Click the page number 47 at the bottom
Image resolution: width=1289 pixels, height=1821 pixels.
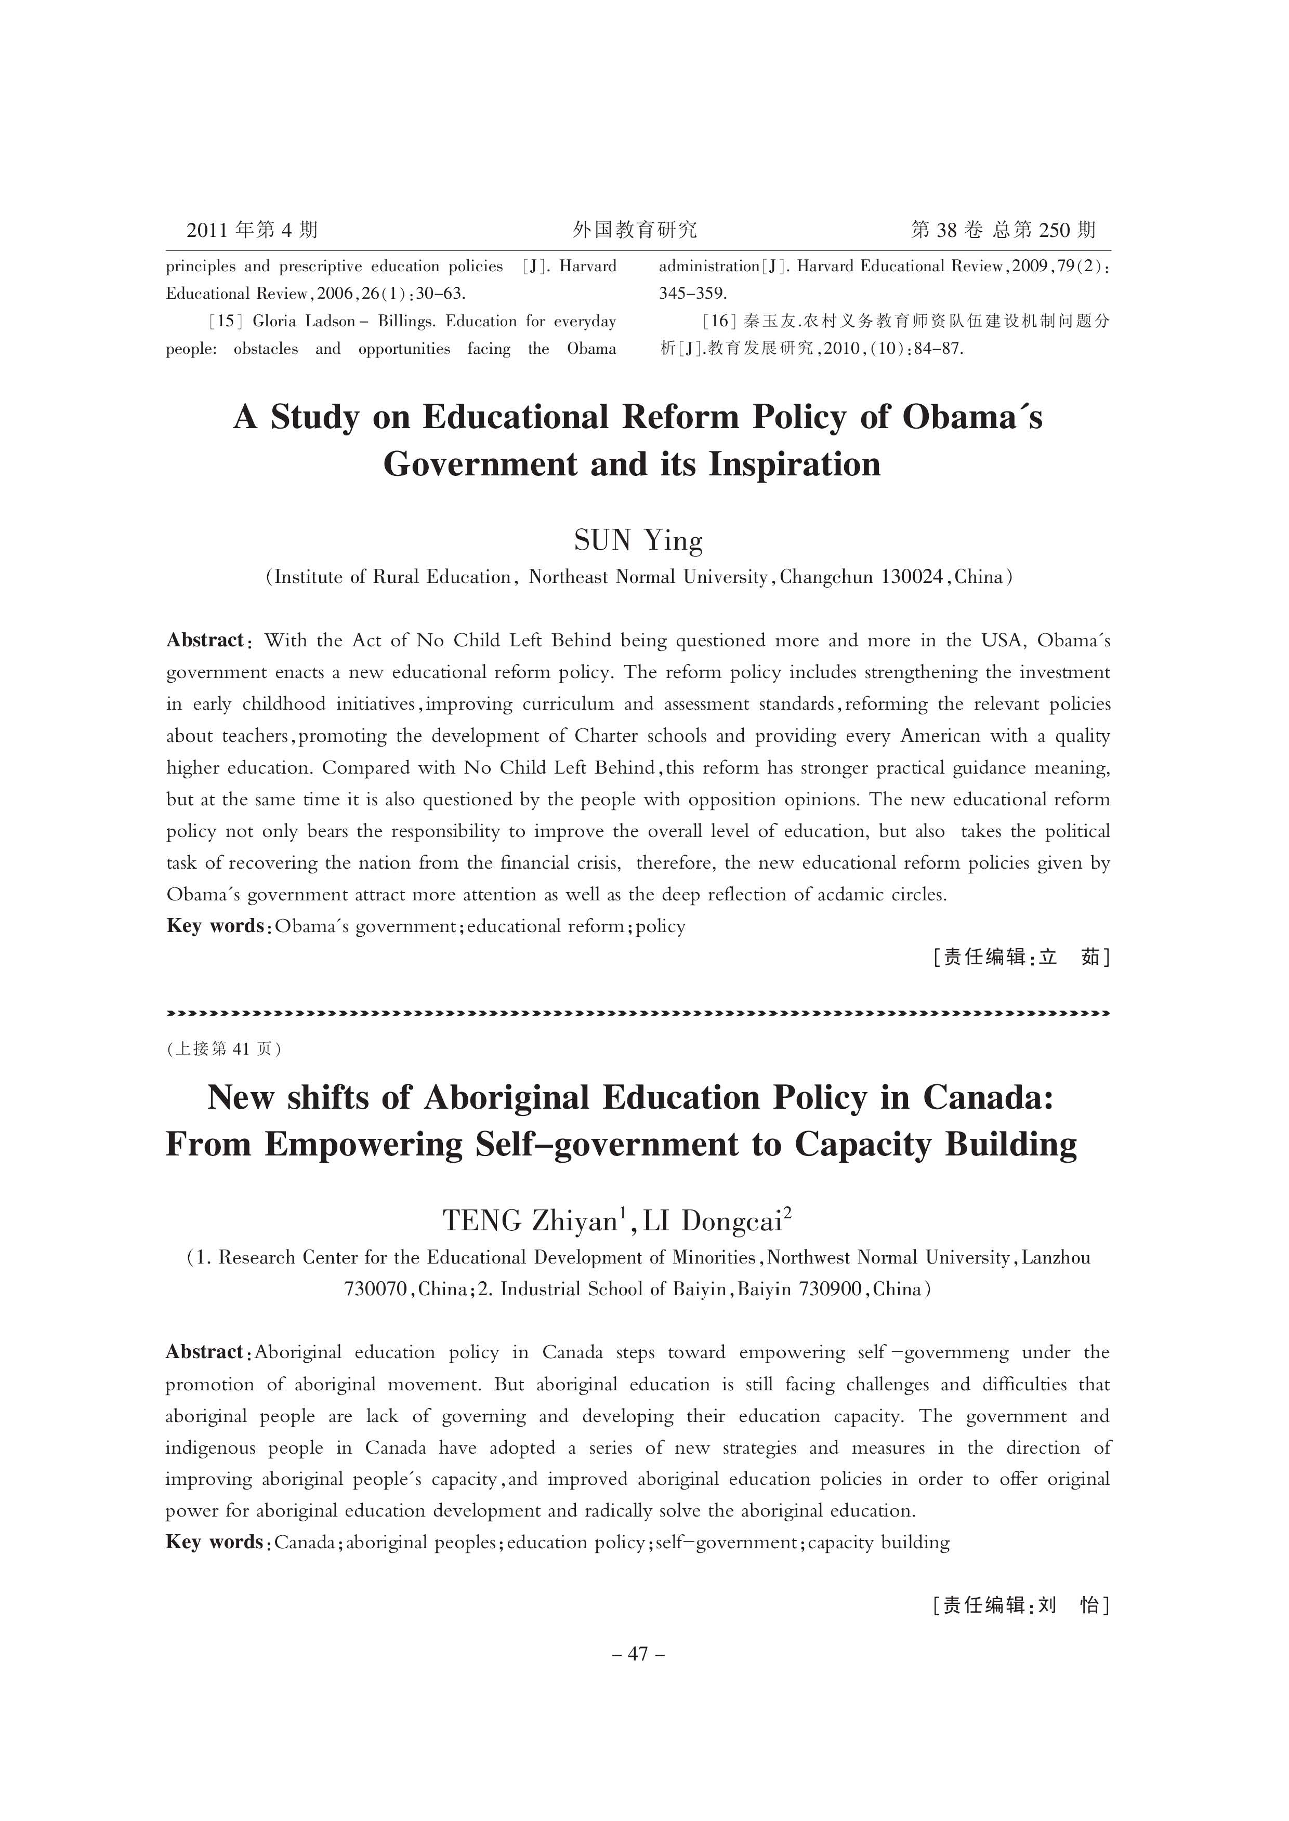click(x=638, y=1654)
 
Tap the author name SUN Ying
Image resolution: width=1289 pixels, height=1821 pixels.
click(x=638, y=541)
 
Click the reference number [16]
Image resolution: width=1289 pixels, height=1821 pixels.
click(x=720, y=322)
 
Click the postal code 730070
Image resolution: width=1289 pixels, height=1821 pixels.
click(x=375, y=1290)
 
